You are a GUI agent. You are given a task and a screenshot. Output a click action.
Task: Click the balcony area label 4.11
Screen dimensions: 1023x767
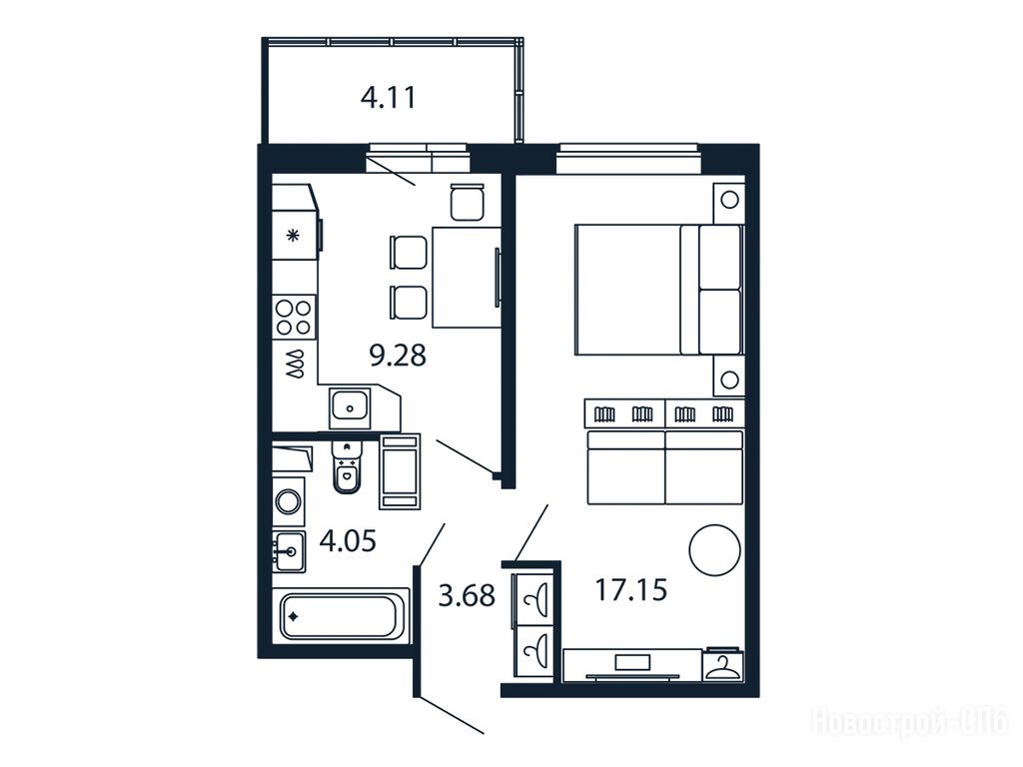[389, 98]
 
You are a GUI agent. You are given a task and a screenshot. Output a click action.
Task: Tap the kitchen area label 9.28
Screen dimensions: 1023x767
[398, 356]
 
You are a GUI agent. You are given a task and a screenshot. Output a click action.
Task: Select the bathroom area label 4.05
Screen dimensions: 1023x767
[348, 540]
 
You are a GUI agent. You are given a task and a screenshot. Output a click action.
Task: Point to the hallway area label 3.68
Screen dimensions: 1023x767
[467, 595]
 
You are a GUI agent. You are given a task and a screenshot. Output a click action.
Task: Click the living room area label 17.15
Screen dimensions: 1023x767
[631, 589]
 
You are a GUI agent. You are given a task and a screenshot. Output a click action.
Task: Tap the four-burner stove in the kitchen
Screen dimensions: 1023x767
[294, 317]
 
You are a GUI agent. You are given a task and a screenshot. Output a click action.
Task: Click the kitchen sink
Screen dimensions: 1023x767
[350, 407]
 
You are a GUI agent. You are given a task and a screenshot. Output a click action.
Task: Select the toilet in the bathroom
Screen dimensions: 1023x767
[346, 466]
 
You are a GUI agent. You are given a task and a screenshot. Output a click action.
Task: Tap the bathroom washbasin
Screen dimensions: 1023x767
[289, 551]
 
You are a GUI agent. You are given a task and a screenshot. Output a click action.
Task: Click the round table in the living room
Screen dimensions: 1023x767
[714, 550]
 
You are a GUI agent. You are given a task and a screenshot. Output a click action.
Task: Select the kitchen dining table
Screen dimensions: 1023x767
[466, 277]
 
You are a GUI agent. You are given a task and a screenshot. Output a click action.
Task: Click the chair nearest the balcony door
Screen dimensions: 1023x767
[468, 202]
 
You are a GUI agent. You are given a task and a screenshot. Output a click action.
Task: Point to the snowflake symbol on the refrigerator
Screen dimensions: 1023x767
[294, 236]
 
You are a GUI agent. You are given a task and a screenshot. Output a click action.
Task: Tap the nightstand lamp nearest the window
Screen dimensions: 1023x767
[729, 199]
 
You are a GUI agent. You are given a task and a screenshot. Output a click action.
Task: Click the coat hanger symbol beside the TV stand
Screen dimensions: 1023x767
[723, 666]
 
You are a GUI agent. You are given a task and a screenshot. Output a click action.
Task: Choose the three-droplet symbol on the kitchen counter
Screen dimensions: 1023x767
[295, 364]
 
